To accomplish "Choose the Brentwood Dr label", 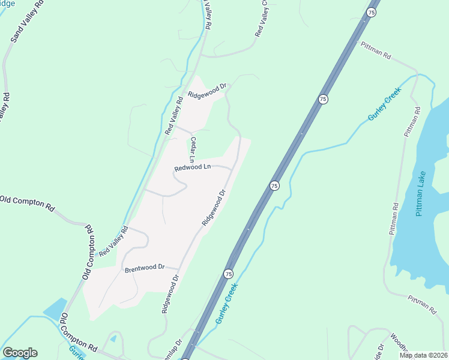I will [x=145, y=268].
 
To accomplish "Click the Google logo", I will [x=20, y=353].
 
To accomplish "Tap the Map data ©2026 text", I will [x=423, y=355].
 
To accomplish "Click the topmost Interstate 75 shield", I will [x=372, y=13].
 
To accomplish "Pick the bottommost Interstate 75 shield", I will [x=228, y=274].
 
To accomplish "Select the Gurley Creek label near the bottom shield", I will [x=227, y=303].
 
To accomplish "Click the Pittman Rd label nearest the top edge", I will [x=376, y=50].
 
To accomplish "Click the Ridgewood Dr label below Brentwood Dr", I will [x=170, y=295].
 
